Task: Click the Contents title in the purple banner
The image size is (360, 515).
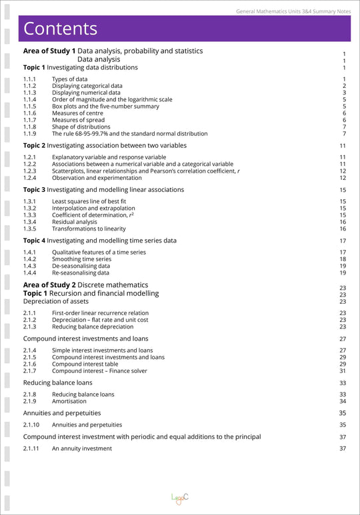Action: (61, 29)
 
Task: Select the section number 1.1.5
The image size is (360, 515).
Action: (29, 107)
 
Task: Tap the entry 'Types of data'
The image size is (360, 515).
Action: (69, 79)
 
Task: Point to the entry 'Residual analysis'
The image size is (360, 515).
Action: (74, 222)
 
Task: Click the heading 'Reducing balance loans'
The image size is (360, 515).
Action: (58, 382)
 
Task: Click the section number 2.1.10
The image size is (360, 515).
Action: (31, 424)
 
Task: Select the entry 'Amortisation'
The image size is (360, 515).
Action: (69, 401)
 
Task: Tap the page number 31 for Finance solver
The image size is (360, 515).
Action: (343, 371)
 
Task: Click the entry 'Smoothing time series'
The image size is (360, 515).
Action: (82, 259)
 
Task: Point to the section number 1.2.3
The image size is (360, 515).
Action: (29, 171)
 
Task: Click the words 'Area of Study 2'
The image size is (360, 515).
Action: (49, 285)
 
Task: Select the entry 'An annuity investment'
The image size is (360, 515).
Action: (82, 448)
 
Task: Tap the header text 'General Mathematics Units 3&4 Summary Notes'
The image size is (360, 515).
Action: (293, 11)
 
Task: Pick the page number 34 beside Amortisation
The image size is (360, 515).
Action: (343, 401)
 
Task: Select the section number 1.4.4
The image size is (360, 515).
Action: (29, 272)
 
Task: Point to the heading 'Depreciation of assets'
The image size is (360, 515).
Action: (60, 301)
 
